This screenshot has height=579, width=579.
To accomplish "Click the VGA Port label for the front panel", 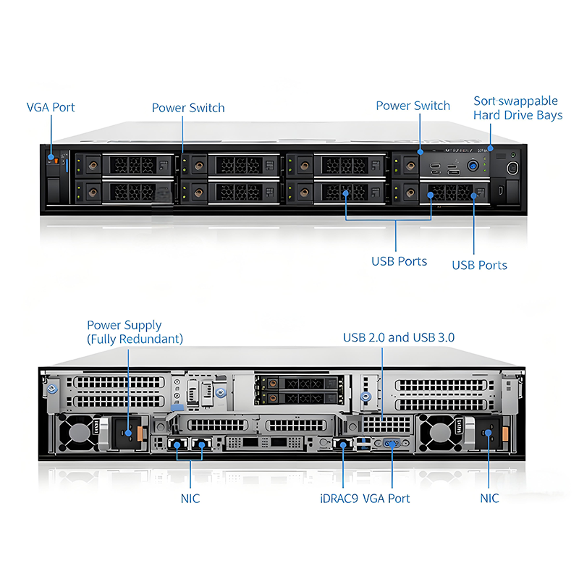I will [51, 108].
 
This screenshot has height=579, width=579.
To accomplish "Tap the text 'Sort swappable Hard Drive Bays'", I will [517, 108].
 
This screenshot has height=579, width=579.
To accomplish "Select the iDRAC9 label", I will [339, 498].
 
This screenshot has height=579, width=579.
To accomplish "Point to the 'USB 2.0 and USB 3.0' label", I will [399, 337].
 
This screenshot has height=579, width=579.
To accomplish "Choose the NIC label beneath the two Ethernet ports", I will [190, 498].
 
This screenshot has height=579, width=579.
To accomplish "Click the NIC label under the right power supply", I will [489, 498].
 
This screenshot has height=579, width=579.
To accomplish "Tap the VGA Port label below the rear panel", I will [386, 498].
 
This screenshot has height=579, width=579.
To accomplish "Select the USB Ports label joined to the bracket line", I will [399, 261].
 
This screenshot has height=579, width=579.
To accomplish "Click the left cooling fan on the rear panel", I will [76, 434].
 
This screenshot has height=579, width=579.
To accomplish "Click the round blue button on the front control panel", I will [474, 165].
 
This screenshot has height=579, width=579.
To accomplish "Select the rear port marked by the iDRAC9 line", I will [342, 444].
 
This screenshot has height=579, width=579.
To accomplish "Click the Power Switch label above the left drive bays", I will [188, 108].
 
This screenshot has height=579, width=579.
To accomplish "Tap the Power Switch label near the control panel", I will [413, 106].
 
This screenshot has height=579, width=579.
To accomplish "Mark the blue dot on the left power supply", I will [128, 434].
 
